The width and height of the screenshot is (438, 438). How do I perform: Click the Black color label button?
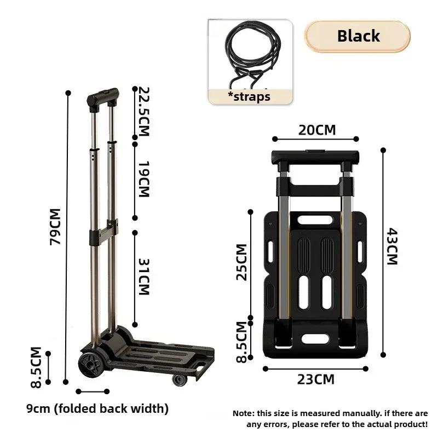(358, 37)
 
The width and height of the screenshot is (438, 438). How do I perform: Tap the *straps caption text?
(250, 96)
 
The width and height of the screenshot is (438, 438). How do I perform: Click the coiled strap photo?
(249, 55)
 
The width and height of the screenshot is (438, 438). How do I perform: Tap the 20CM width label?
(317, 130)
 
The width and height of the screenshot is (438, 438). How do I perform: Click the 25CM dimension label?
(241, 262)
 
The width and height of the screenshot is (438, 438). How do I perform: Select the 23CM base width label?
(316, 378)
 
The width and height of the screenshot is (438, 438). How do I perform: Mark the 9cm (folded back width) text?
(97, 408)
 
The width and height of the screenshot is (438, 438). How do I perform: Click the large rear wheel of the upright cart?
(88, 364)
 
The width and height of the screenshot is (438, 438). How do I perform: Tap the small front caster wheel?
(178, 380)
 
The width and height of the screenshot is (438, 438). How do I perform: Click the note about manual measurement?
(330, 419)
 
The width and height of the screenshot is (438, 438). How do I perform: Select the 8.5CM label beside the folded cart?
(241, 342)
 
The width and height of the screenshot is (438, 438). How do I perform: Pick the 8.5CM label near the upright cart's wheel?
(36, 367)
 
